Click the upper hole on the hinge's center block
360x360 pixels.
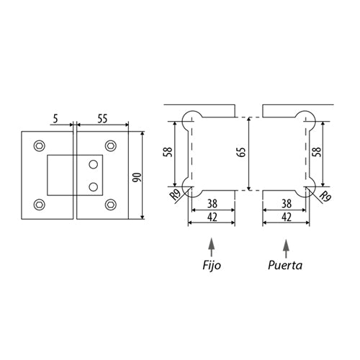[x=93, y=165]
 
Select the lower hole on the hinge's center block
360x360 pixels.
[x=93, y=186]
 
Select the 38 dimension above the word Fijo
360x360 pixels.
[x=212, y=204]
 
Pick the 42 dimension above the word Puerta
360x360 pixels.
[x=286, y=217]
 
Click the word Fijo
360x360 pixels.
[x=211, y=266]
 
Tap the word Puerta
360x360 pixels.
[x=286, y=266]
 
